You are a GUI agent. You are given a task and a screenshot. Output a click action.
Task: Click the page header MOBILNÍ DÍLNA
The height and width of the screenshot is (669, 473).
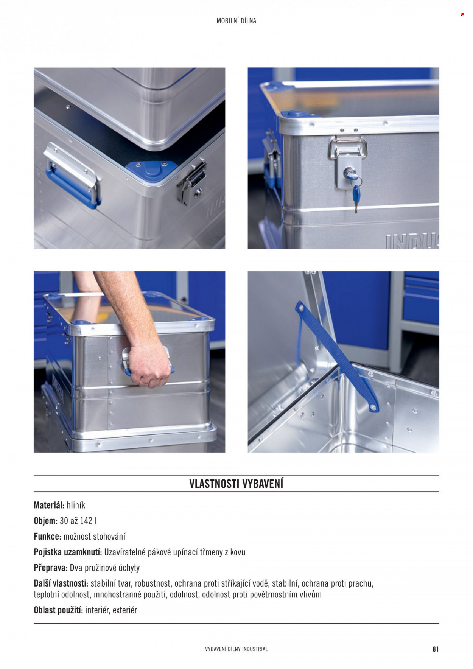pos(236,21)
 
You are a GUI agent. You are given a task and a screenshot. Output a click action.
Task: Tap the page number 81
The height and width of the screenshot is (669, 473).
pos(436,649)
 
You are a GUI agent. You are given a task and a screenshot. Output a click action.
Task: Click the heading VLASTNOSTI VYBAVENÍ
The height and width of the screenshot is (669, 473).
pos(236,484)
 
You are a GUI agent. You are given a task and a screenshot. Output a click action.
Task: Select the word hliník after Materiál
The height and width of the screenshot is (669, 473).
pos(76,505)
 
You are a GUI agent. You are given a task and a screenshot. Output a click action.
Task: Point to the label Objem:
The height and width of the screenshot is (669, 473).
pos(45,521)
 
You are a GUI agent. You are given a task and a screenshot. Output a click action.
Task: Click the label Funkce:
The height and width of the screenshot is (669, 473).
pos(47,537)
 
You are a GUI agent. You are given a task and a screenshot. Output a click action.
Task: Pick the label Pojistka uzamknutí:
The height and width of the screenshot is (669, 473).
pos(68,552)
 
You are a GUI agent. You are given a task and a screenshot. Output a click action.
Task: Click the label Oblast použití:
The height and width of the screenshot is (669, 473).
pos(58,610)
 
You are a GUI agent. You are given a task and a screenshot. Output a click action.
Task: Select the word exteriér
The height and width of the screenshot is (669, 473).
pos(124,610)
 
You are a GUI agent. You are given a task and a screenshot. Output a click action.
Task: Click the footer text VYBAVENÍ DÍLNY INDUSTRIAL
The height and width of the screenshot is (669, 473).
pos(236,649)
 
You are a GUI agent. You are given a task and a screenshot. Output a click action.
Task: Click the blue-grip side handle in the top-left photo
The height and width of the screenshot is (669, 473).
pos(72,175)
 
